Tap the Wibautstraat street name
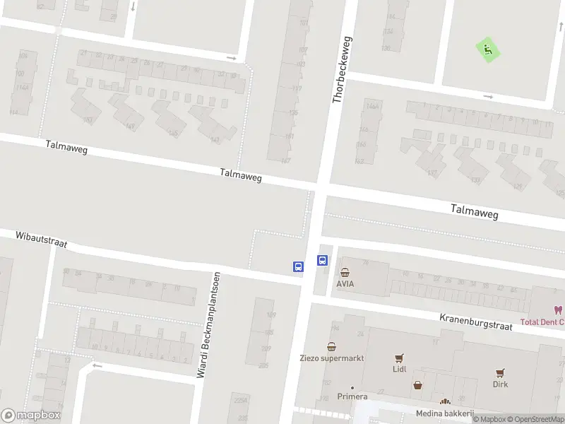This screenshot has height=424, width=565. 41,238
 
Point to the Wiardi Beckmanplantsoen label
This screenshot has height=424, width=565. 209,324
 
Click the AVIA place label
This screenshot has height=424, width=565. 345,284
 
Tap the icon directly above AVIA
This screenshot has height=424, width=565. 345,273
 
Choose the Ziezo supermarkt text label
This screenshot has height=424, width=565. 331,358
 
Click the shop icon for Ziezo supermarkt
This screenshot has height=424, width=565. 331,346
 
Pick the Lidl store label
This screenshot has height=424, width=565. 400,369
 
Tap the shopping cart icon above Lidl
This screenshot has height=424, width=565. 400,358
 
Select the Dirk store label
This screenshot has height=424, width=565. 500,384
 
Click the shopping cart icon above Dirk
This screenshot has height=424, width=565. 500,372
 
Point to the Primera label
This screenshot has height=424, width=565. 352,396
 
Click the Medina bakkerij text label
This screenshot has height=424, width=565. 445,413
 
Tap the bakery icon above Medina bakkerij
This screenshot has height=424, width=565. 445,402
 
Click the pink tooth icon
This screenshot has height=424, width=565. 558,310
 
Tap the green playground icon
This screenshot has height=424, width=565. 487,49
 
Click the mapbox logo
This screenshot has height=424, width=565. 31,416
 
